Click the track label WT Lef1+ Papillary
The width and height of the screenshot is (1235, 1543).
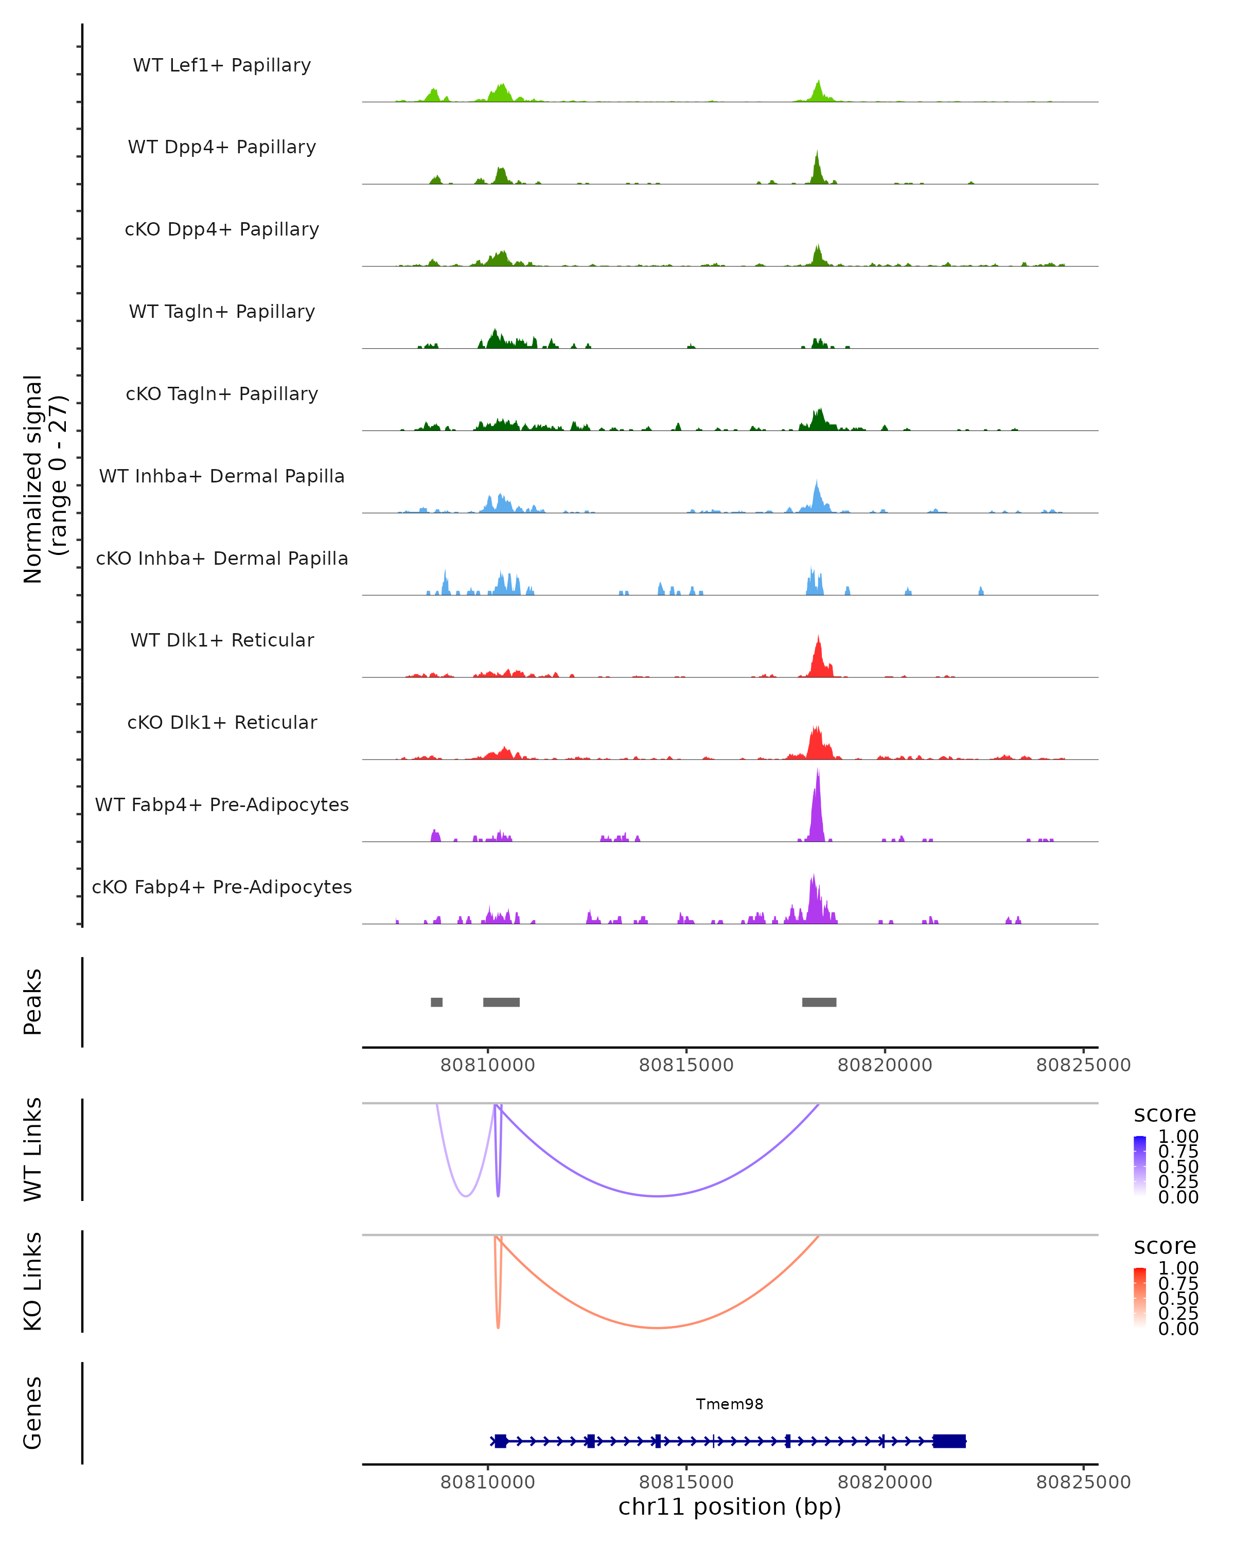click(222, 65)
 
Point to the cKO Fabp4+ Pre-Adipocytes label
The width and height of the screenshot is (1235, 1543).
click(222, 887)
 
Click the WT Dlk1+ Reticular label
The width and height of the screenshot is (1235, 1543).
click(222, 640)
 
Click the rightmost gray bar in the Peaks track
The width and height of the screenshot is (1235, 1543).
click(819, 1002)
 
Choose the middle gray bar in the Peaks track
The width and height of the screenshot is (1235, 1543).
click(501, 1002)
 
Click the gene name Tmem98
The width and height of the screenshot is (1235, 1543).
click(730, 1404)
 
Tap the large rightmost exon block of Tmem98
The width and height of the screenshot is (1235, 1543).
click(949, 1441)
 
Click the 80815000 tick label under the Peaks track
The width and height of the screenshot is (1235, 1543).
click(686, 1065)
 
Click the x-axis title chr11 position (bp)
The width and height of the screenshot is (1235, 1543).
click(730, 1507)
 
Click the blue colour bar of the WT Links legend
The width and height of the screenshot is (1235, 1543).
click(1140, 1166)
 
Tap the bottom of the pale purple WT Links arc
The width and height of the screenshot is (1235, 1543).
click(466, 1196)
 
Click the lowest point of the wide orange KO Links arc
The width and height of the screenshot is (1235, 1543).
click(657, 1327)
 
